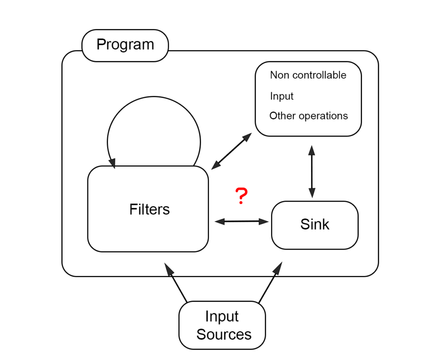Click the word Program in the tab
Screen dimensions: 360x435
pos(125,45)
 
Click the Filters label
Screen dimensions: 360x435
pos(150,209)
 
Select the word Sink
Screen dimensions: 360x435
pos(315,224)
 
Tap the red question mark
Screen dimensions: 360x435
pos(241,196)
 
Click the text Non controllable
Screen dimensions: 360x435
pos(308,75)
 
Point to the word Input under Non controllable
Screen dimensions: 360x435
pos(282,96)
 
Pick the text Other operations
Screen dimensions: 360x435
pos(308,116)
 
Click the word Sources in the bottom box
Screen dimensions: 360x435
pos(224,334)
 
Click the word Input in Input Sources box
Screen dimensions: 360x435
pos(222,317)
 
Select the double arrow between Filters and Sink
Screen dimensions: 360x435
pos(242,221)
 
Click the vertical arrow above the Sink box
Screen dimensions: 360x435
pos(312,171)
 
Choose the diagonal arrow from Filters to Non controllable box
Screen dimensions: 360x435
pos(232,151)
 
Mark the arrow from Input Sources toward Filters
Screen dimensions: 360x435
pos(176,283)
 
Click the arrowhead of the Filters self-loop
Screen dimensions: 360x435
pos(113,163)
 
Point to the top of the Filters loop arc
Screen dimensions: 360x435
pos(154,97)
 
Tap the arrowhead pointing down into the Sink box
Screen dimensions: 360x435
pos(312,193)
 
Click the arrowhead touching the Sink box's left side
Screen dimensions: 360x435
pos(264,221)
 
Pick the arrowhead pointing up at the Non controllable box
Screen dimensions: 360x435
pos(312,150)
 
